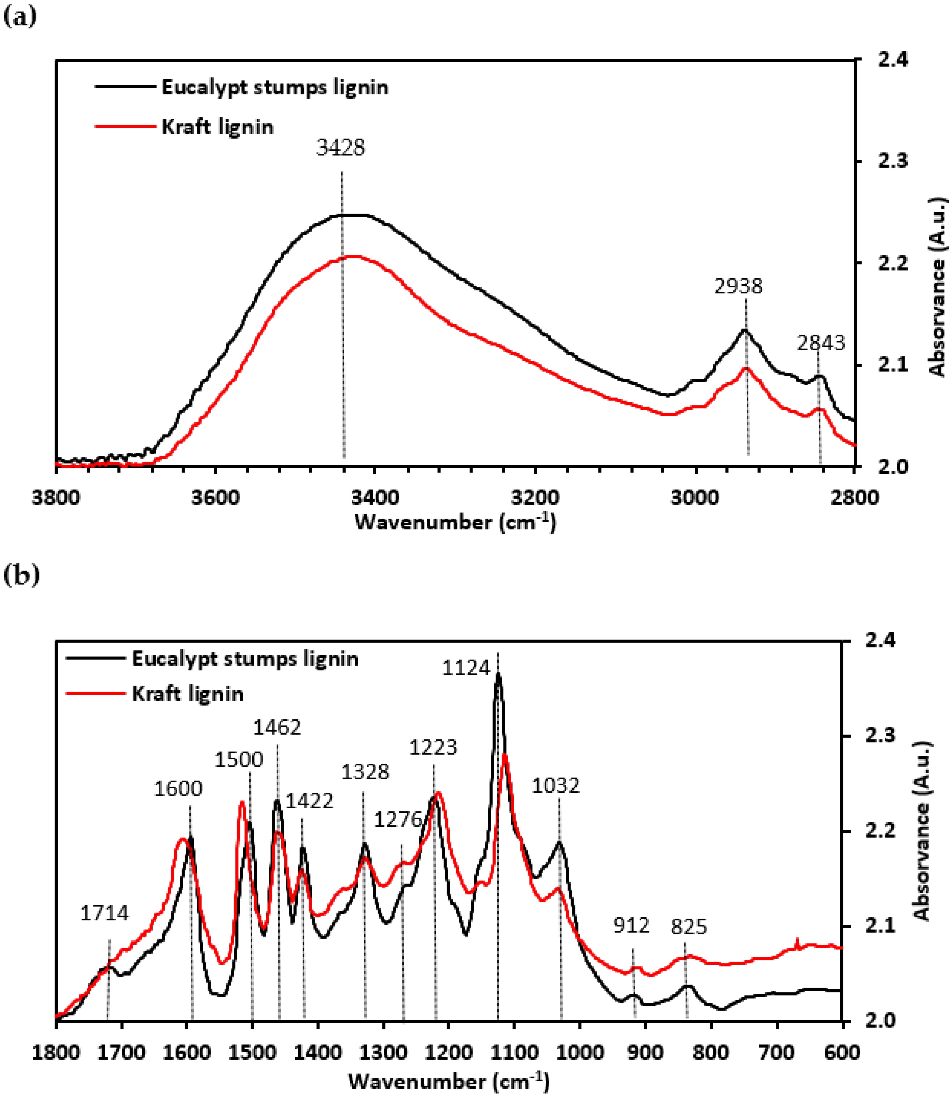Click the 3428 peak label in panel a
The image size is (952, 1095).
click(340, 148)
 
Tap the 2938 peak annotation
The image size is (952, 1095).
click(738, 287)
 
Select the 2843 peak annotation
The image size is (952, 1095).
click(821, 343)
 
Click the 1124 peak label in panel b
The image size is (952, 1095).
click(466, 668)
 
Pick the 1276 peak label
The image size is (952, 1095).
click(398, 820)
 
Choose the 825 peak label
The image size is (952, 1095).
click(689, 927)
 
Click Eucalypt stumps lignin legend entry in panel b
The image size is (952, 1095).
click(245, 659)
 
